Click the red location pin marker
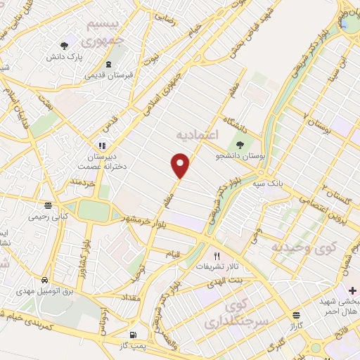tap(181, 165)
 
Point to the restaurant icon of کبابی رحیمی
tap(47, 206)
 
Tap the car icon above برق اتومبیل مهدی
tap(44, 280)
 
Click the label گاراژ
tap(293, 326)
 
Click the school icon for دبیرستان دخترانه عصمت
tap(103, 146)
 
